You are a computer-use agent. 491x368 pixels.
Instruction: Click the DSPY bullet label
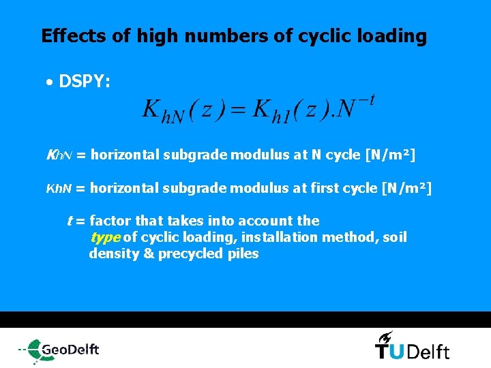click(85, 82)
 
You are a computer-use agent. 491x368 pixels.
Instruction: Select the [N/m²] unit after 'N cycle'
click(390, 155)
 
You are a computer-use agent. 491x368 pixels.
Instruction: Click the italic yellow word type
click(105, 237)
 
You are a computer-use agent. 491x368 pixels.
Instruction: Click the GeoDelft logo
click(59, 350)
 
